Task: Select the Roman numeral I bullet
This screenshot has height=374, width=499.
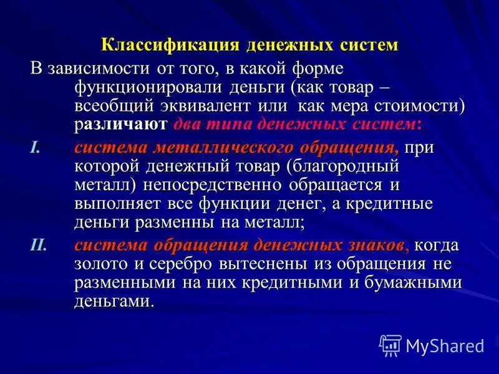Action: point(34,147)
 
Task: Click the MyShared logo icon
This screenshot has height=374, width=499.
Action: point(390,344)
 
